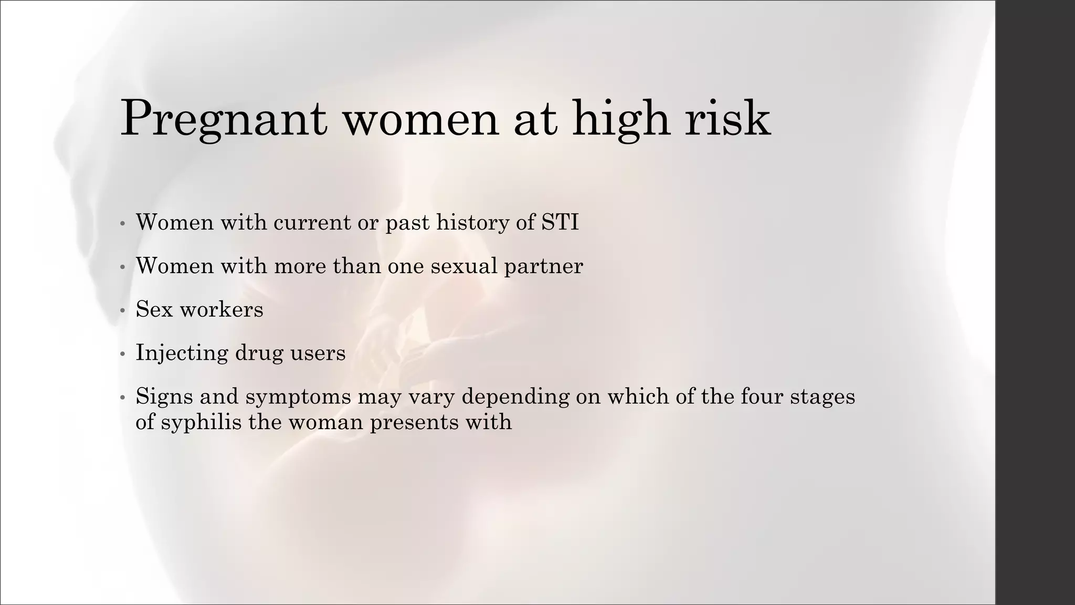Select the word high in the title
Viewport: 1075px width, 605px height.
[x=620, y=120]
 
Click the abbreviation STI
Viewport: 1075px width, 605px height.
[x=560, y=222]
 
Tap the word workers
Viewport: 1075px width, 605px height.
[x=221, y=309]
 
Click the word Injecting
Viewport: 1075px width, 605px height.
[x=182, y=353]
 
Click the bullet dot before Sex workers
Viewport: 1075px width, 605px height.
[x=122, y=311]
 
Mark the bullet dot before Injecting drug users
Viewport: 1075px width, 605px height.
[x=122, y=354]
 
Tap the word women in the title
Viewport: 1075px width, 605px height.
[x=420, y=120]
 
